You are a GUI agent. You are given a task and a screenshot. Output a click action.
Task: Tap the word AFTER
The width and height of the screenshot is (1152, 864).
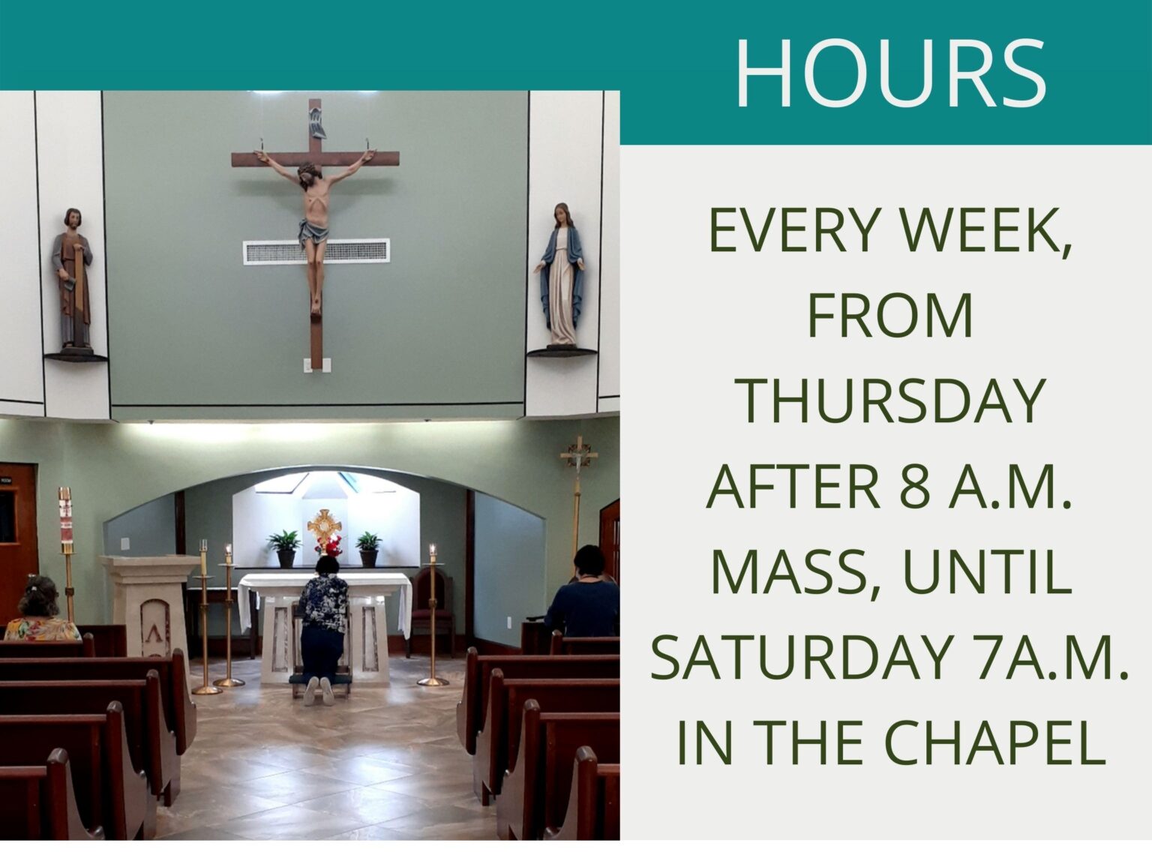793,487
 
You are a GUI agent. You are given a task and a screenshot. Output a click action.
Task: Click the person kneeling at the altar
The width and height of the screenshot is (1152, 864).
323,622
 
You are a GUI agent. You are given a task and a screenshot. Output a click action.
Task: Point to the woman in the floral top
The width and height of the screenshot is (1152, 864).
42,611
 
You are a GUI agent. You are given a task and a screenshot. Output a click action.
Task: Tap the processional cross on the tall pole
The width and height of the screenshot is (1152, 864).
578,457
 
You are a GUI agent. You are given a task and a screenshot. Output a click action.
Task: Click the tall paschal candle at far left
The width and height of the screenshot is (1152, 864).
66,517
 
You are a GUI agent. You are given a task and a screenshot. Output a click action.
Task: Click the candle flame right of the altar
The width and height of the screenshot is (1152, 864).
432,549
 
